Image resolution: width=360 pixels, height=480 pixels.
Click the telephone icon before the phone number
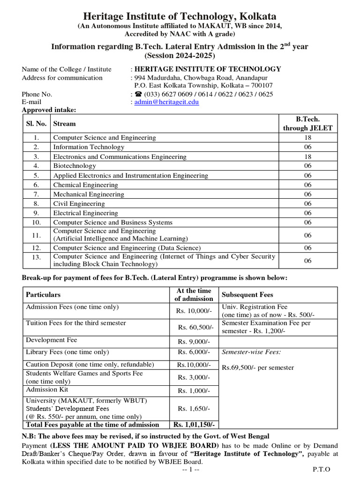(x=139, y=94)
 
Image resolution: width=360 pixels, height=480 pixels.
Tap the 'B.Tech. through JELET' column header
(x=307, y=124)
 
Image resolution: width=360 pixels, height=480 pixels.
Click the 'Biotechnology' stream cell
(x=75, y=165)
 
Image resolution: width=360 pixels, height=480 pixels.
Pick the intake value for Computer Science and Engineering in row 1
(x=307, y=137)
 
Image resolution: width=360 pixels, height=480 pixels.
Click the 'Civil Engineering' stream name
(x=79, y=203)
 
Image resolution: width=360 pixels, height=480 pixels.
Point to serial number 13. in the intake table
(x=37, y=257)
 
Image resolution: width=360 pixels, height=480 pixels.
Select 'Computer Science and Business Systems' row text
(x=112, y=222)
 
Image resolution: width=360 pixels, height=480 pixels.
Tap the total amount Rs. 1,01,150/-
(x=194, y=425)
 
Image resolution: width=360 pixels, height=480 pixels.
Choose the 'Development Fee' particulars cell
(x=52, y=340)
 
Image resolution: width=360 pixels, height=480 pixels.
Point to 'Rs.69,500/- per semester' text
(x=258, y=367)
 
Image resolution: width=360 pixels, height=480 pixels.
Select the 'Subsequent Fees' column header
(x=247, y=295)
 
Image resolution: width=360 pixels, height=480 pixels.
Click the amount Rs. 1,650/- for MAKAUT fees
(x=194, y=409)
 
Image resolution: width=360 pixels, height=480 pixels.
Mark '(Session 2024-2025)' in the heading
(x=180, y=56)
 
